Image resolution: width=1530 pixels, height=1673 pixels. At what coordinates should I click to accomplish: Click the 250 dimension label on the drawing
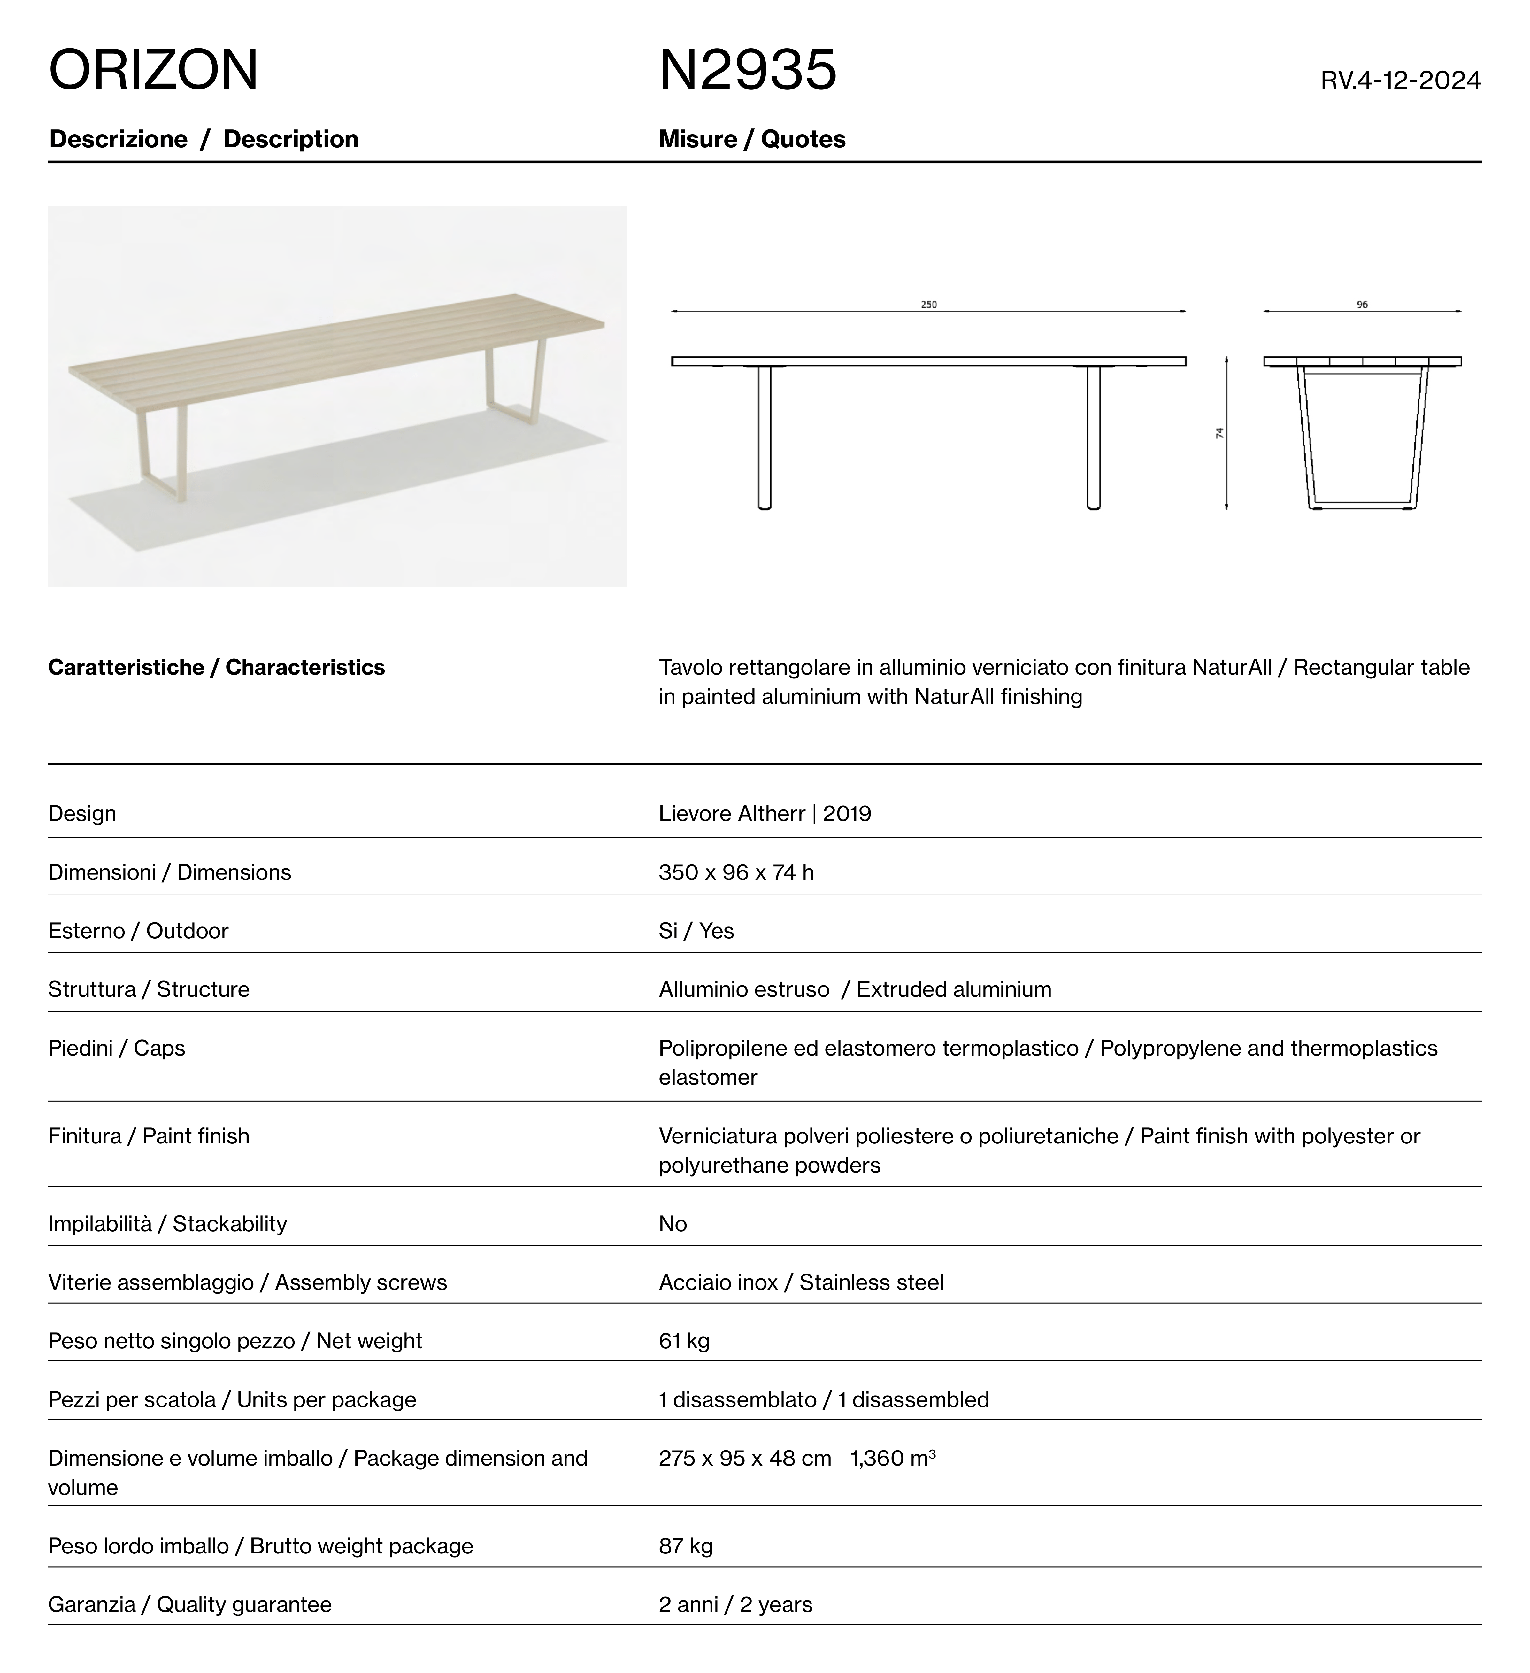pos(928,305)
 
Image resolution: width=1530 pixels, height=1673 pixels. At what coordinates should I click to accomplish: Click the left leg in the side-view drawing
pos(764,437)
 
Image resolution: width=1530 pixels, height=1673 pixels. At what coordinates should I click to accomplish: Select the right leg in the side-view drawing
pos(1094,437)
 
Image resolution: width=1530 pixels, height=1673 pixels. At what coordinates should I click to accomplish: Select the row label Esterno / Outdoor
pos(138,931)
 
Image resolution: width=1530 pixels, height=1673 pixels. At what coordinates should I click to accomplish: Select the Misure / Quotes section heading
pos(752,139)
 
